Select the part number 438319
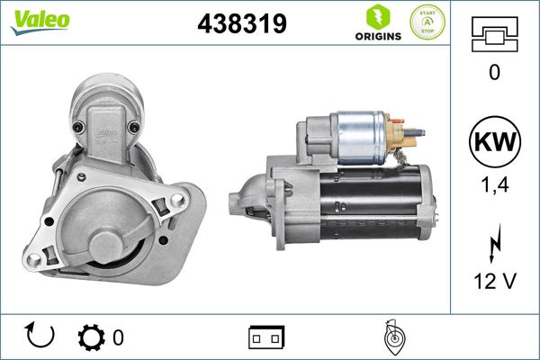point(241,24)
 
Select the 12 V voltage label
point(494,282)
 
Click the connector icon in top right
point(494,36)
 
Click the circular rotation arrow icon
point(41,337)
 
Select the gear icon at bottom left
point(92,337)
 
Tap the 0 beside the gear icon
point(118,338)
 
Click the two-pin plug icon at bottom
point(266,337)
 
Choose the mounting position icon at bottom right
point(393,337)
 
